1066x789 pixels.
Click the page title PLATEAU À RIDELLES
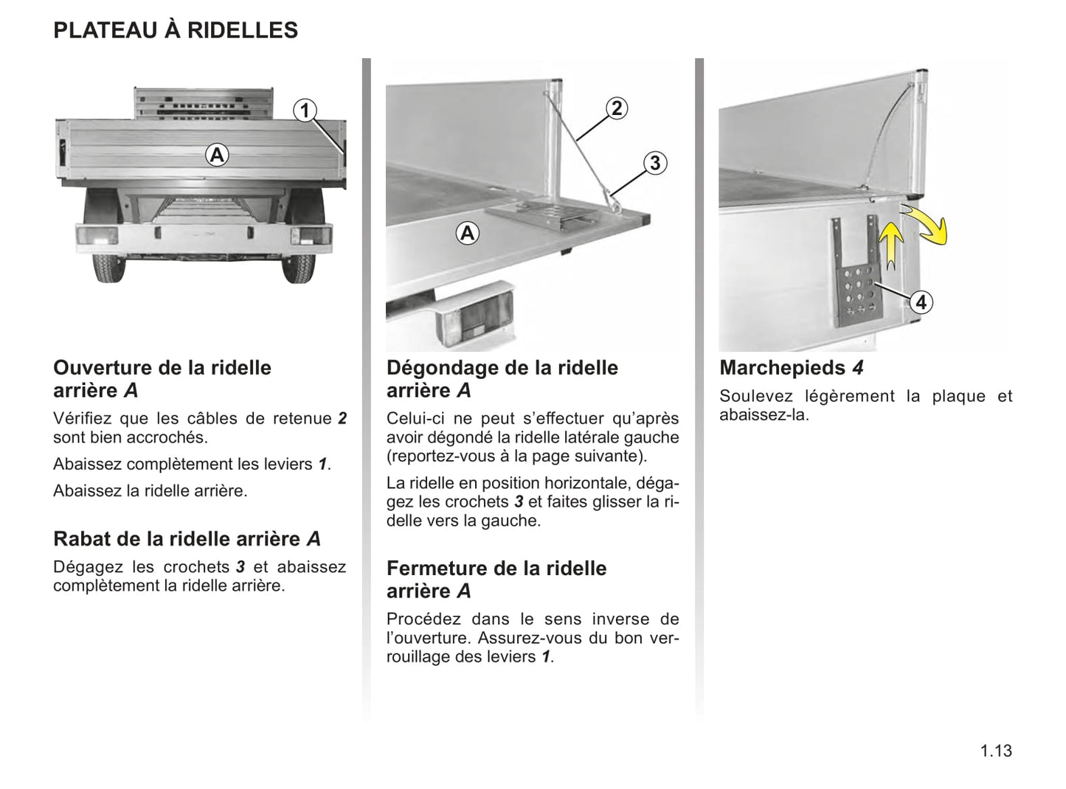(x=176, y=30)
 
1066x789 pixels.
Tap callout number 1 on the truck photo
(x=304, y=111)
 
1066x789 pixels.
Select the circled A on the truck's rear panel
(x=216, y=156)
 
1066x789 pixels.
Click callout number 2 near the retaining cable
(x=617, y=108)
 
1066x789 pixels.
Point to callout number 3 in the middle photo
(x=654, y=163)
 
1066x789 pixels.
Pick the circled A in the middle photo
(x=467, y=234)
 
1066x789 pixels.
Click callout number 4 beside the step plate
(x=920, y=302)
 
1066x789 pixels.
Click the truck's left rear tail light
(x=97, y=237)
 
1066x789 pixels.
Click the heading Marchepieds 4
(x=791, y=367)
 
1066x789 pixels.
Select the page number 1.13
(x=996, y=751)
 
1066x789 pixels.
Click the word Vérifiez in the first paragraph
(x=83, y=419)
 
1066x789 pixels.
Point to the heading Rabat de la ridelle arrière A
(x=187, y=539)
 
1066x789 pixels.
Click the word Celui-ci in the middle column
(x=416, y=419)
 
